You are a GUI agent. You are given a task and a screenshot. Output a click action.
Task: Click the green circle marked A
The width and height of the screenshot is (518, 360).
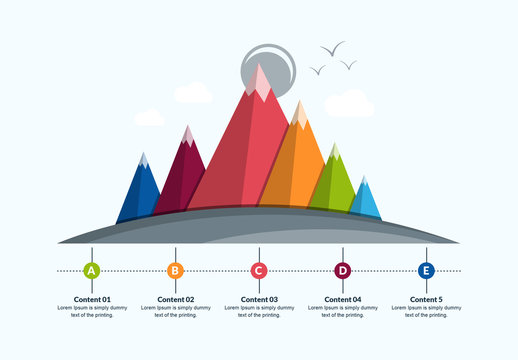[92, 270]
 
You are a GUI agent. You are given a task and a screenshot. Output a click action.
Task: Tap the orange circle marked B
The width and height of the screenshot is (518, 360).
[175, 270]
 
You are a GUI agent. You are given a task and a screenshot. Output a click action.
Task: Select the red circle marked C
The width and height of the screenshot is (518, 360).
[259, 270]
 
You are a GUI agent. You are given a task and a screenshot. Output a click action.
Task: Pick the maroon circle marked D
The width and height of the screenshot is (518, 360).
[342, 270]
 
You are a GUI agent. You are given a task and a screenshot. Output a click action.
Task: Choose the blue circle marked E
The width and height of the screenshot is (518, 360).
[426, 270]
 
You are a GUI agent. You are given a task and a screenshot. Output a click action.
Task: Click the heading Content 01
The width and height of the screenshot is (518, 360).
[92, 299]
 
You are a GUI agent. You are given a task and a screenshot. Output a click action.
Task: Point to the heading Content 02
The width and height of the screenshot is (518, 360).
[175, 299]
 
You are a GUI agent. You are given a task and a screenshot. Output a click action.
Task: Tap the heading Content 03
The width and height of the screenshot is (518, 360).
[259, 299]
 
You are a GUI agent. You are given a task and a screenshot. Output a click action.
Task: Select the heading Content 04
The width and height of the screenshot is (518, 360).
[342, 299]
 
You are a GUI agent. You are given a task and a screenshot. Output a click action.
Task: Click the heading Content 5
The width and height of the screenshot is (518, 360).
[426, 299]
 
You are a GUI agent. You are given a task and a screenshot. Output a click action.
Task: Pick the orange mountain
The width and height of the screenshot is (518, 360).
[297, 165]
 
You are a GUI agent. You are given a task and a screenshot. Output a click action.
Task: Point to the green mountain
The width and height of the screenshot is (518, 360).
[334, 185]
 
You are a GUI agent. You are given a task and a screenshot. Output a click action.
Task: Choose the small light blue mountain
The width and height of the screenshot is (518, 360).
[365, 200]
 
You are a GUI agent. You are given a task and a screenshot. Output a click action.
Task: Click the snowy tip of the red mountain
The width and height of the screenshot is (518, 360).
[261, 82]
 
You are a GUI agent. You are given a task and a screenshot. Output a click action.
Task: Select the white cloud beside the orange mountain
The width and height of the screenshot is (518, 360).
[349, 103]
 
